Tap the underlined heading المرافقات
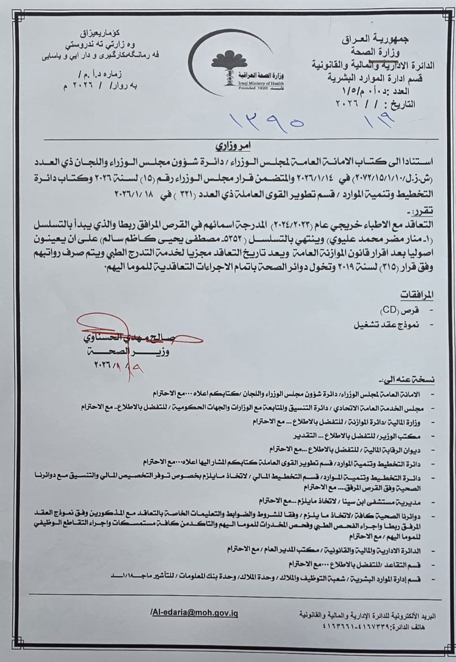coord(418,294)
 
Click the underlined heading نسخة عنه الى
coord(414,379)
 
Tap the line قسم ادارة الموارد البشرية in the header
coord(376,77)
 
